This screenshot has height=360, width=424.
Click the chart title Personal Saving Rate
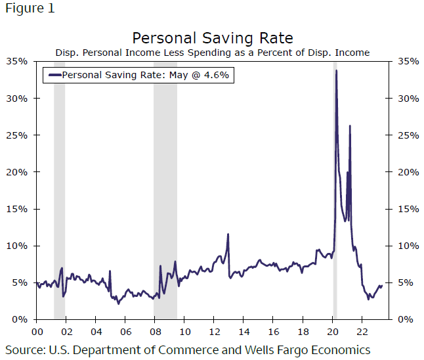pyautogui.click(x=212, y=37)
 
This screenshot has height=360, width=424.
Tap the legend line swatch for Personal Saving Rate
pyautogui.click(x=54, y=75)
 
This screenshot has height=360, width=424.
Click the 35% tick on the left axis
pyautogui.click(x=16, y=61)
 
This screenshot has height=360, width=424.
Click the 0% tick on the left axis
pyautogui.click(x=19, y=320)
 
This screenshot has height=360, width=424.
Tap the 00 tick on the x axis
pyautogui.click(x=37, y=332)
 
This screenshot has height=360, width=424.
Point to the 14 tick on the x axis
pyautogui.click(x=244, y=332)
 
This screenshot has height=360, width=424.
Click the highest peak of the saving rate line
pyautogui.click(x=336, y=71)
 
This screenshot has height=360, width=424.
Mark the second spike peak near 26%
pyautogui.click(x=350, y=126)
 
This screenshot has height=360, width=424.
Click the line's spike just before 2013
pyautogui.click(x=228, y=235)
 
